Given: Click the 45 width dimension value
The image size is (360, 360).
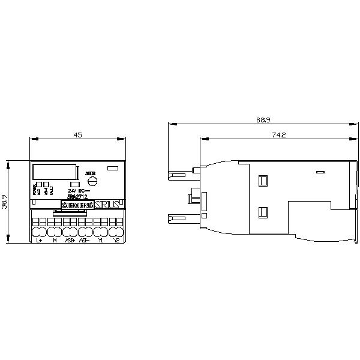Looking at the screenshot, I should (77, 135).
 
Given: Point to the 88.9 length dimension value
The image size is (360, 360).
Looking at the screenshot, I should (262, 121).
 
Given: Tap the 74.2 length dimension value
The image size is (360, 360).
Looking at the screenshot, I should (278, 135).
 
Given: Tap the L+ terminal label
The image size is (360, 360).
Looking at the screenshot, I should (39, 240).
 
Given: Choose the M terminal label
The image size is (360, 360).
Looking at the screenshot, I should (55, 240).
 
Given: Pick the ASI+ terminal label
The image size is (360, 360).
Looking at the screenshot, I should (70, 240).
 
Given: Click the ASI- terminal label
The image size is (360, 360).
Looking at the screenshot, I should (85, 240).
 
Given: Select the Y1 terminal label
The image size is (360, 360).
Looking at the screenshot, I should (101, 240).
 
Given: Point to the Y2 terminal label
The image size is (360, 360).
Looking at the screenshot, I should (116, 240).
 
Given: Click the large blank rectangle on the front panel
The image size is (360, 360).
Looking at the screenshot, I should (54, 171).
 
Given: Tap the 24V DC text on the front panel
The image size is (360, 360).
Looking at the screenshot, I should (79, 190).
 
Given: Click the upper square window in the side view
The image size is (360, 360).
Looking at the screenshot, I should (262, 180).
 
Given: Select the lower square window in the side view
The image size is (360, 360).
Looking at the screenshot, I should (262, 211).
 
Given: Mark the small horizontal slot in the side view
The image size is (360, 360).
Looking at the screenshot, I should (320, 172).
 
